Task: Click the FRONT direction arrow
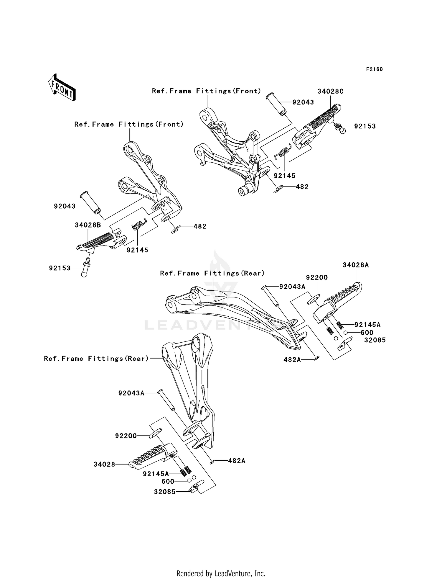pos(62,88)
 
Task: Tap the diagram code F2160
pos(375,69)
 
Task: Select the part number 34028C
pos(330,91)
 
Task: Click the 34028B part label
pos(88,225)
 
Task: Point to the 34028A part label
pos(356,265)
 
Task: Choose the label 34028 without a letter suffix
pos(104,464)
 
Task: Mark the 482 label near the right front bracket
pos(302,187)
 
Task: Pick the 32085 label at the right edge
pos(375,340)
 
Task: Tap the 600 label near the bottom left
pos(168,481)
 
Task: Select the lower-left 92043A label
pos(131,393)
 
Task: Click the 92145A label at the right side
pos(368,325)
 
